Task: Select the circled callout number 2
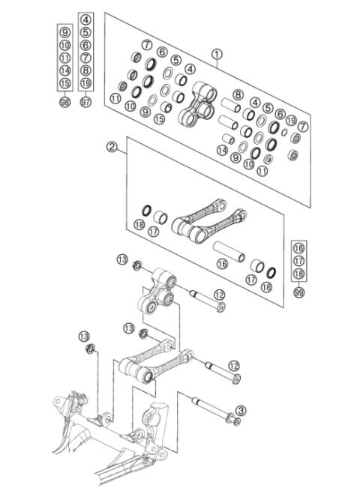click(112, 148)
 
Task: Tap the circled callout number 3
click(240, 410)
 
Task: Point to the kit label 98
click(64, 100)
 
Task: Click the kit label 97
click(85, 100)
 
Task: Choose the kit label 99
click(298, 292)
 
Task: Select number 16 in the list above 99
click(298, 247)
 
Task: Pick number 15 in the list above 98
click(64, 82)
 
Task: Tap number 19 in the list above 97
click(85, 82)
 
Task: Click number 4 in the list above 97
click(85, 19)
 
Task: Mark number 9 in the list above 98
click(64, 31)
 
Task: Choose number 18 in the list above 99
click(298, 273)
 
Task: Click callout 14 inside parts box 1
click(222, 150)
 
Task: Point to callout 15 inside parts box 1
click(159, 119)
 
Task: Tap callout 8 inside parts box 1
click(238, 94)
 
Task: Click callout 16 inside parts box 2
click(222, 264)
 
